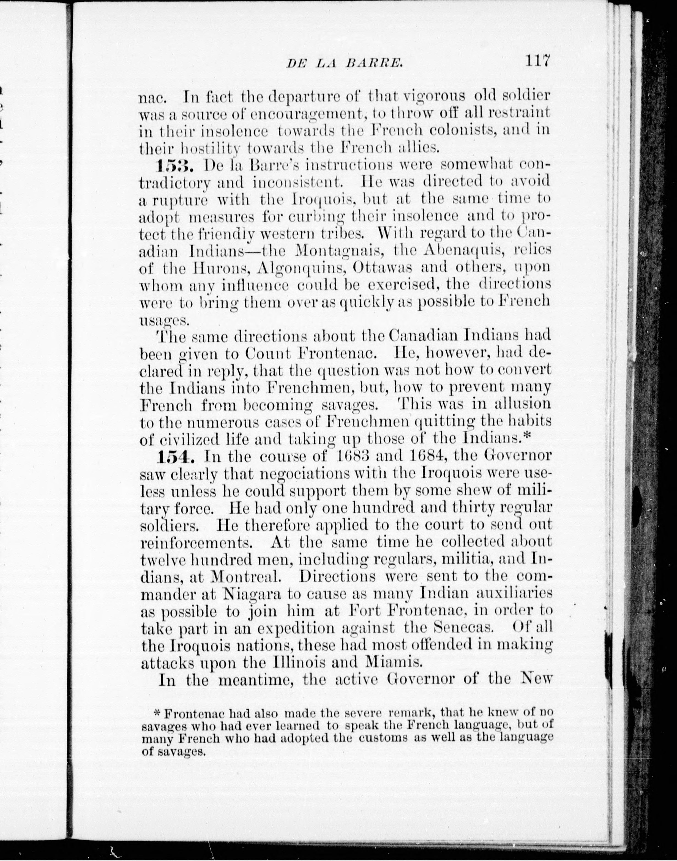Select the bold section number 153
coord(174,165)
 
